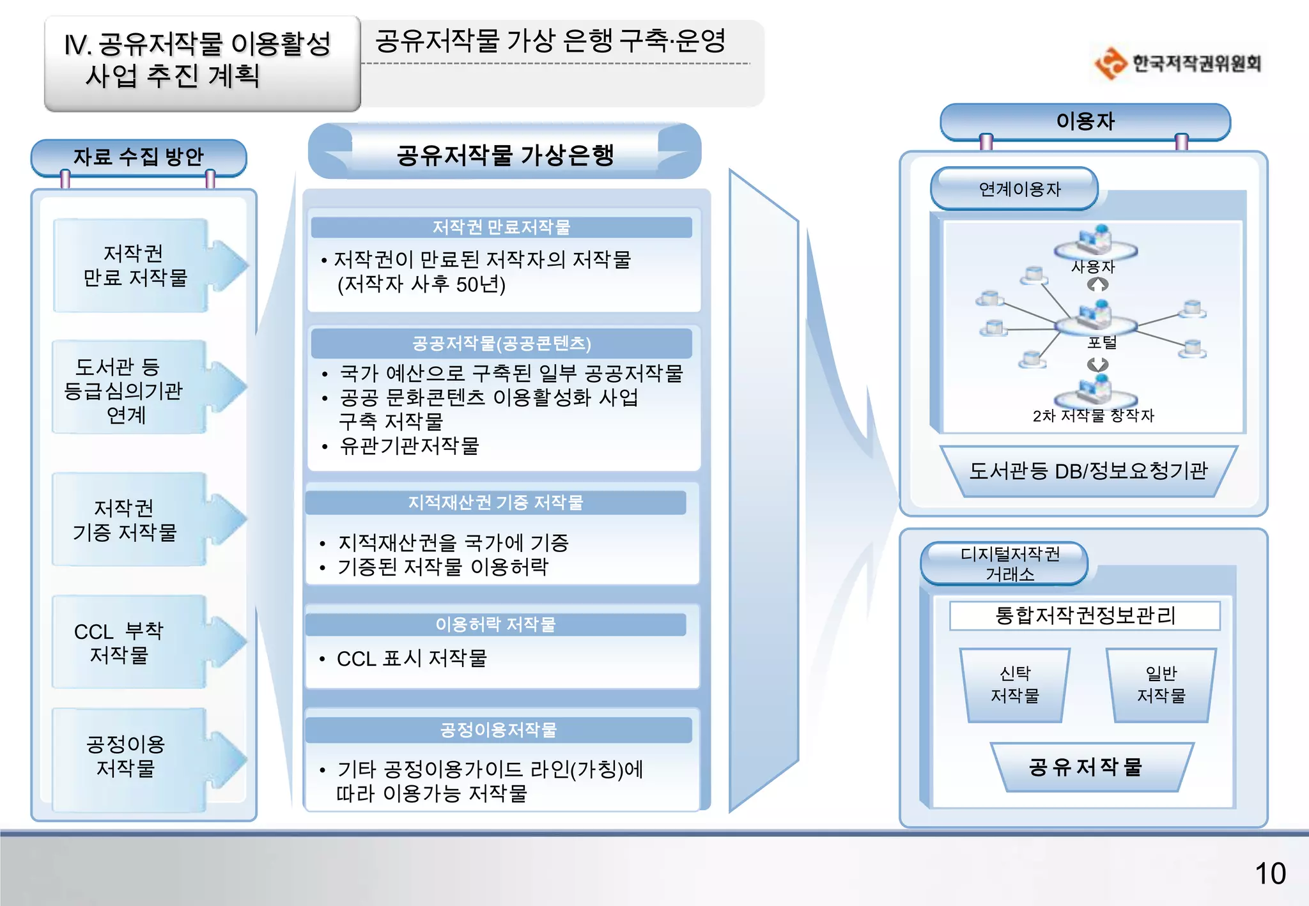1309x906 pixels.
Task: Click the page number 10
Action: click(1269, 873)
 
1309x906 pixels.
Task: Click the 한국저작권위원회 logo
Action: click(1178, 63)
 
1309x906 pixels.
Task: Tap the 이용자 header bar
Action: click(1085, 121)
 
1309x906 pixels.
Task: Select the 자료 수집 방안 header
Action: click(138, 157)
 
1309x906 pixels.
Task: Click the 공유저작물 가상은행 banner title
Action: click(505, 155)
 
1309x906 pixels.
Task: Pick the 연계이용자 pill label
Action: click(1019, 189)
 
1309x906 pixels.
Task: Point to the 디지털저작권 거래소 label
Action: click(1009, 564)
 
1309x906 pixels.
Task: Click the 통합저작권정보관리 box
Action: click(1085, 615)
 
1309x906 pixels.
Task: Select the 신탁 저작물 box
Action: click(1014, 685)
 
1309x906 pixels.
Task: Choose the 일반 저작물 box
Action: click(1161, 685)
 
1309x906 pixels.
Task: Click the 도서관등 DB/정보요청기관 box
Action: click(1088, 471)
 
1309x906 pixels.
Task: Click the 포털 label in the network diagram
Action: click(1102, 342)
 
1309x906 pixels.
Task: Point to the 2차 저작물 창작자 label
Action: click(1093, 416)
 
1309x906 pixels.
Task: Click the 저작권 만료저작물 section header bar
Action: click(501, 227)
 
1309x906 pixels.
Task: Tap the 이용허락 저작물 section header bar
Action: click(495, 624)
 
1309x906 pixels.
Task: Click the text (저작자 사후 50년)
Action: click(421, 284)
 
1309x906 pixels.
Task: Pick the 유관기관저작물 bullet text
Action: click(409, 446)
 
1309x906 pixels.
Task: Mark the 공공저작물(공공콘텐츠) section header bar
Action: click(501, 344)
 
